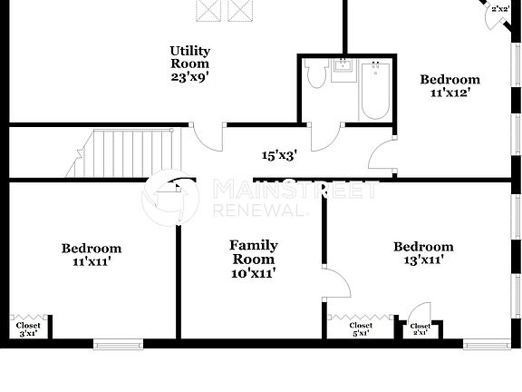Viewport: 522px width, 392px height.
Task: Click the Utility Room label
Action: (x=189, y=57)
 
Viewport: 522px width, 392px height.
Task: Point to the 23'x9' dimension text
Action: (x=189, y=77)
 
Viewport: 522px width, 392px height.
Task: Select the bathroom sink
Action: (x=344, y=70)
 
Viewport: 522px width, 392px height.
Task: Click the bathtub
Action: (x=374, y=91)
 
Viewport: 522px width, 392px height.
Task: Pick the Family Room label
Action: (x=253, y=252)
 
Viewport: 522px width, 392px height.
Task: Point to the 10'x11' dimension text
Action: (x=253, y=272)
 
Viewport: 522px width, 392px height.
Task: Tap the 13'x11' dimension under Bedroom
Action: (x=423, y=261)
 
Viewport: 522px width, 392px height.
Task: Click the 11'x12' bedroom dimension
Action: (x=449, y=93)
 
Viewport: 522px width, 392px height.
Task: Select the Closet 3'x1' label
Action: (x=27, y=328)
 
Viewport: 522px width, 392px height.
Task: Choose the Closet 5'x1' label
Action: (x=361, y=328)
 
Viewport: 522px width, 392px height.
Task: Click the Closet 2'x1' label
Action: (x=420, y=329)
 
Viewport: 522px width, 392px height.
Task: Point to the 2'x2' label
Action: (x=499, y=8)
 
